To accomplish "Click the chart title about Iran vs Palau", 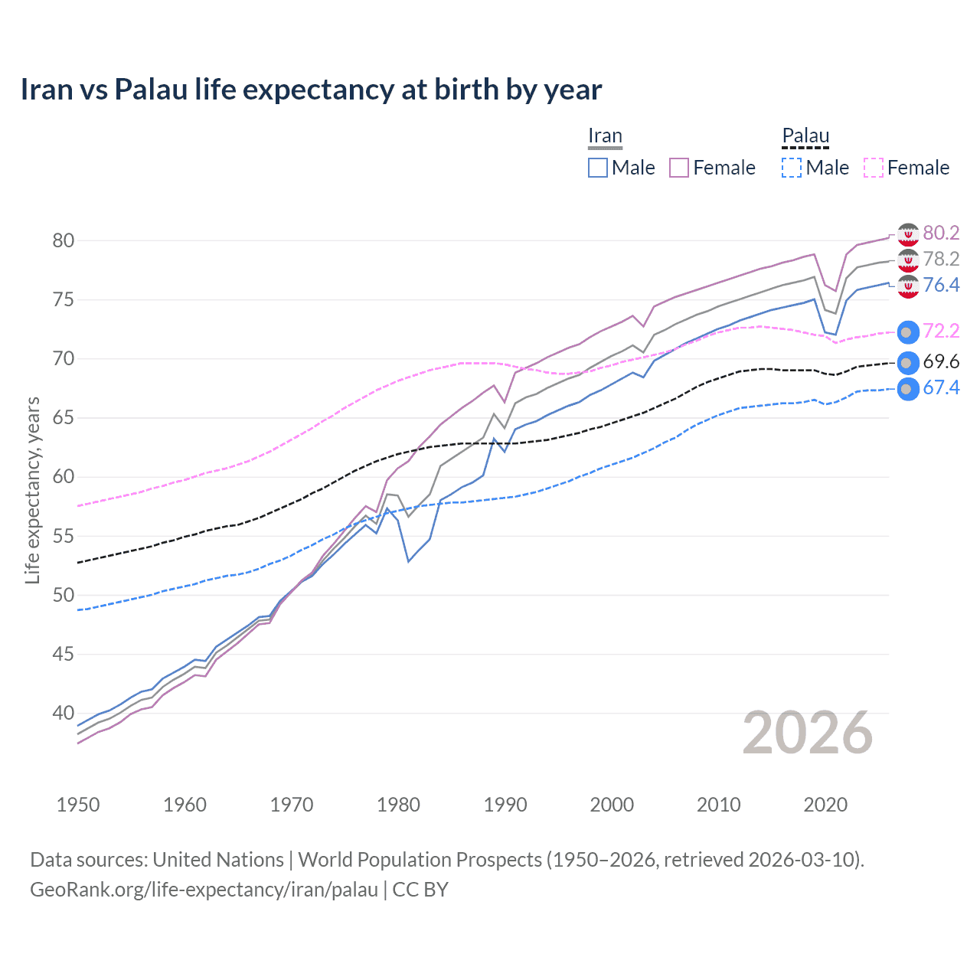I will pyautogui.click(x=311, y=90).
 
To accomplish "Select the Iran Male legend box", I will pyautogui.click(x=598, y=168).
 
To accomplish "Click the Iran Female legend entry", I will pyautogui.click(x=712, y=168).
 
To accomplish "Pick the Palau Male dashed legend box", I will pyautogui.click(x=792, y=168).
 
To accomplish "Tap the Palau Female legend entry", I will pyautogui.click(x=906, y=168).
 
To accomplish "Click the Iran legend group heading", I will pyautogui.click(x=605, y=136).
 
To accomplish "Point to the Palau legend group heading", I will pyautogui.click(x=805, y=136).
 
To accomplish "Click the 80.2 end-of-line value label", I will pyautogui.click(x=941, y=233).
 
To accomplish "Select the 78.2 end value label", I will pyautogui.click(x=941, y=259).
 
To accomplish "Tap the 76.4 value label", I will pyautogui.click(x=941, y=285).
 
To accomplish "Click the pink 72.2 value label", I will pyautogui.click(x=941, y=331).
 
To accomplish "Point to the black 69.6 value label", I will pyautogui.click(x=941, y=361).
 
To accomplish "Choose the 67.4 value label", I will pyautogui.click(x=941, y=387).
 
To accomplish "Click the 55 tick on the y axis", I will pyautogui.click(x=64, y=536).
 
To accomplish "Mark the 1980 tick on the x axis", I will pyautogui.click(x=399, y=805).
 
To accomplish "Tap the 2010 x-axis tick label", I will pyautogui.click(x=718, y=805).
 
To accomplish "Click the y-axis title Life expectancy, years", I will pyautogui.click(x=32, y=490).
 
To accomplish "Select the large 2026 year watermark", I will pyautogui.click(x=807, y=733).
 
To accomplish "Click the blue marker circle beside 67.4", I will pyautogui.click(x=907, y=389).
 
